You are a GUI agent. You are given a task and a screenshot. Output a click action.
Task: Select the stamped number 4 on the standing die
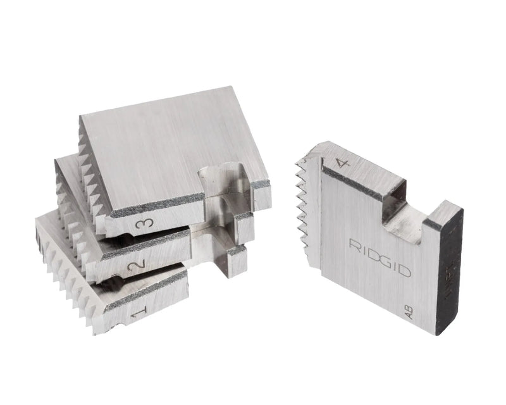[x=343, y=166]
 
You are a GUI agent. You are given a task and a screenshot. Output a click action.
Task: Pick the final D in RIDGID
[x=407, y=273]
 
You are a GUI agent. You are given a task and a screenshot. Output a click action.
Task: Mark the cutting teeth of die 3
[x=89, y=171]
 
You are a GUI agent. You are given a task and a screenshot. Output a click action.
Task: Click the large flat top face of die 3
[x=164, y=146]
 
